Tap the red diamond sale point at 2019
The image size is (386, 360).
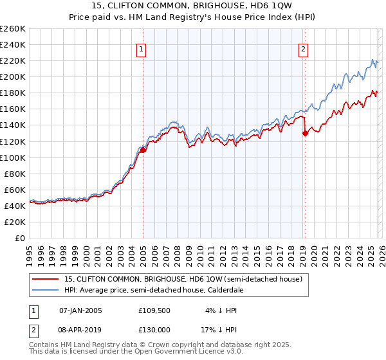pyautogui.click(x=305, y=134)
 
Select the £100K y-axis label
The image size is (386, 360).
pyautogui.click(x=13, y=157)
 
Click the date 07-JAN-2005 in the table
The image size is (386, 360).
pyautogui.click(x=80, y=310)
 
